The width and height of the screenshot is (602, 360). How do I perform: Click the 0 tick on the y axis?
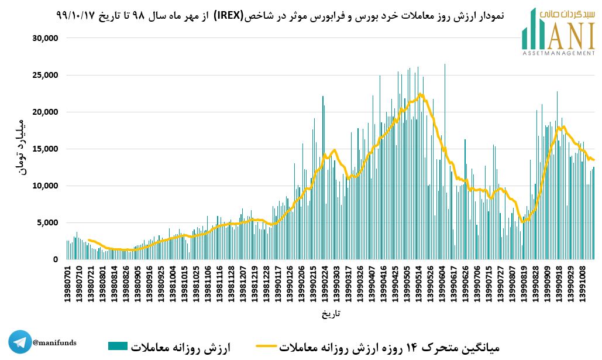pos(55,259)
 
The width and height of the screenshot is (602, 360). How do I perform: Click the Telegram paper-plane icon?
pos(20,342)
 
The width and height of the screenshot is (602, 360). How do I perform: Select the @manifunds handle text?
pos(54,342)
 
